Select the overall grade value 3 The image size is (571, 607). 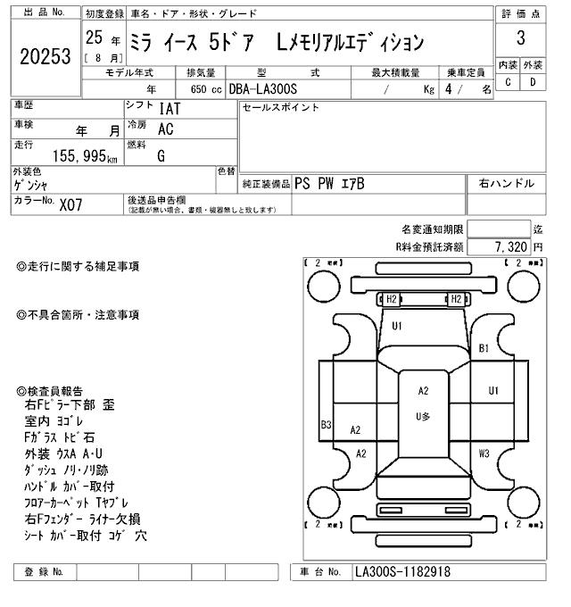[521, 37]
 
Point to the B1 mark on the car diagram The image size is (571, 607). [484, 348]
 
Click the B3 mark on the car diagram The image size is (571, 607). [327, 424]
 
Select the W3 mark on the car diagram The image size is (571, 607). [484, 453]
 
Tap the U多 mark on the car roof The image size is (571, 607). [423, 416]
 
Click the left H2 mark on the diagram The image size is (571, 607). [391, 299]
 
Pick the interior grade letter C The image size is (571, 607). [509, 83]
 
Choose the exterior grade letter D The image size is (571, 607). [533, 83]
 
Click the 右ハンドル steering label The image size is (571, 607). [506, 184]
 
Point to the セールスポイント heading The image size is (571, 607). [280, 108]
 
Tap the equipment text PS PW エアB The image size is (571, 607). [329, 184]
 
